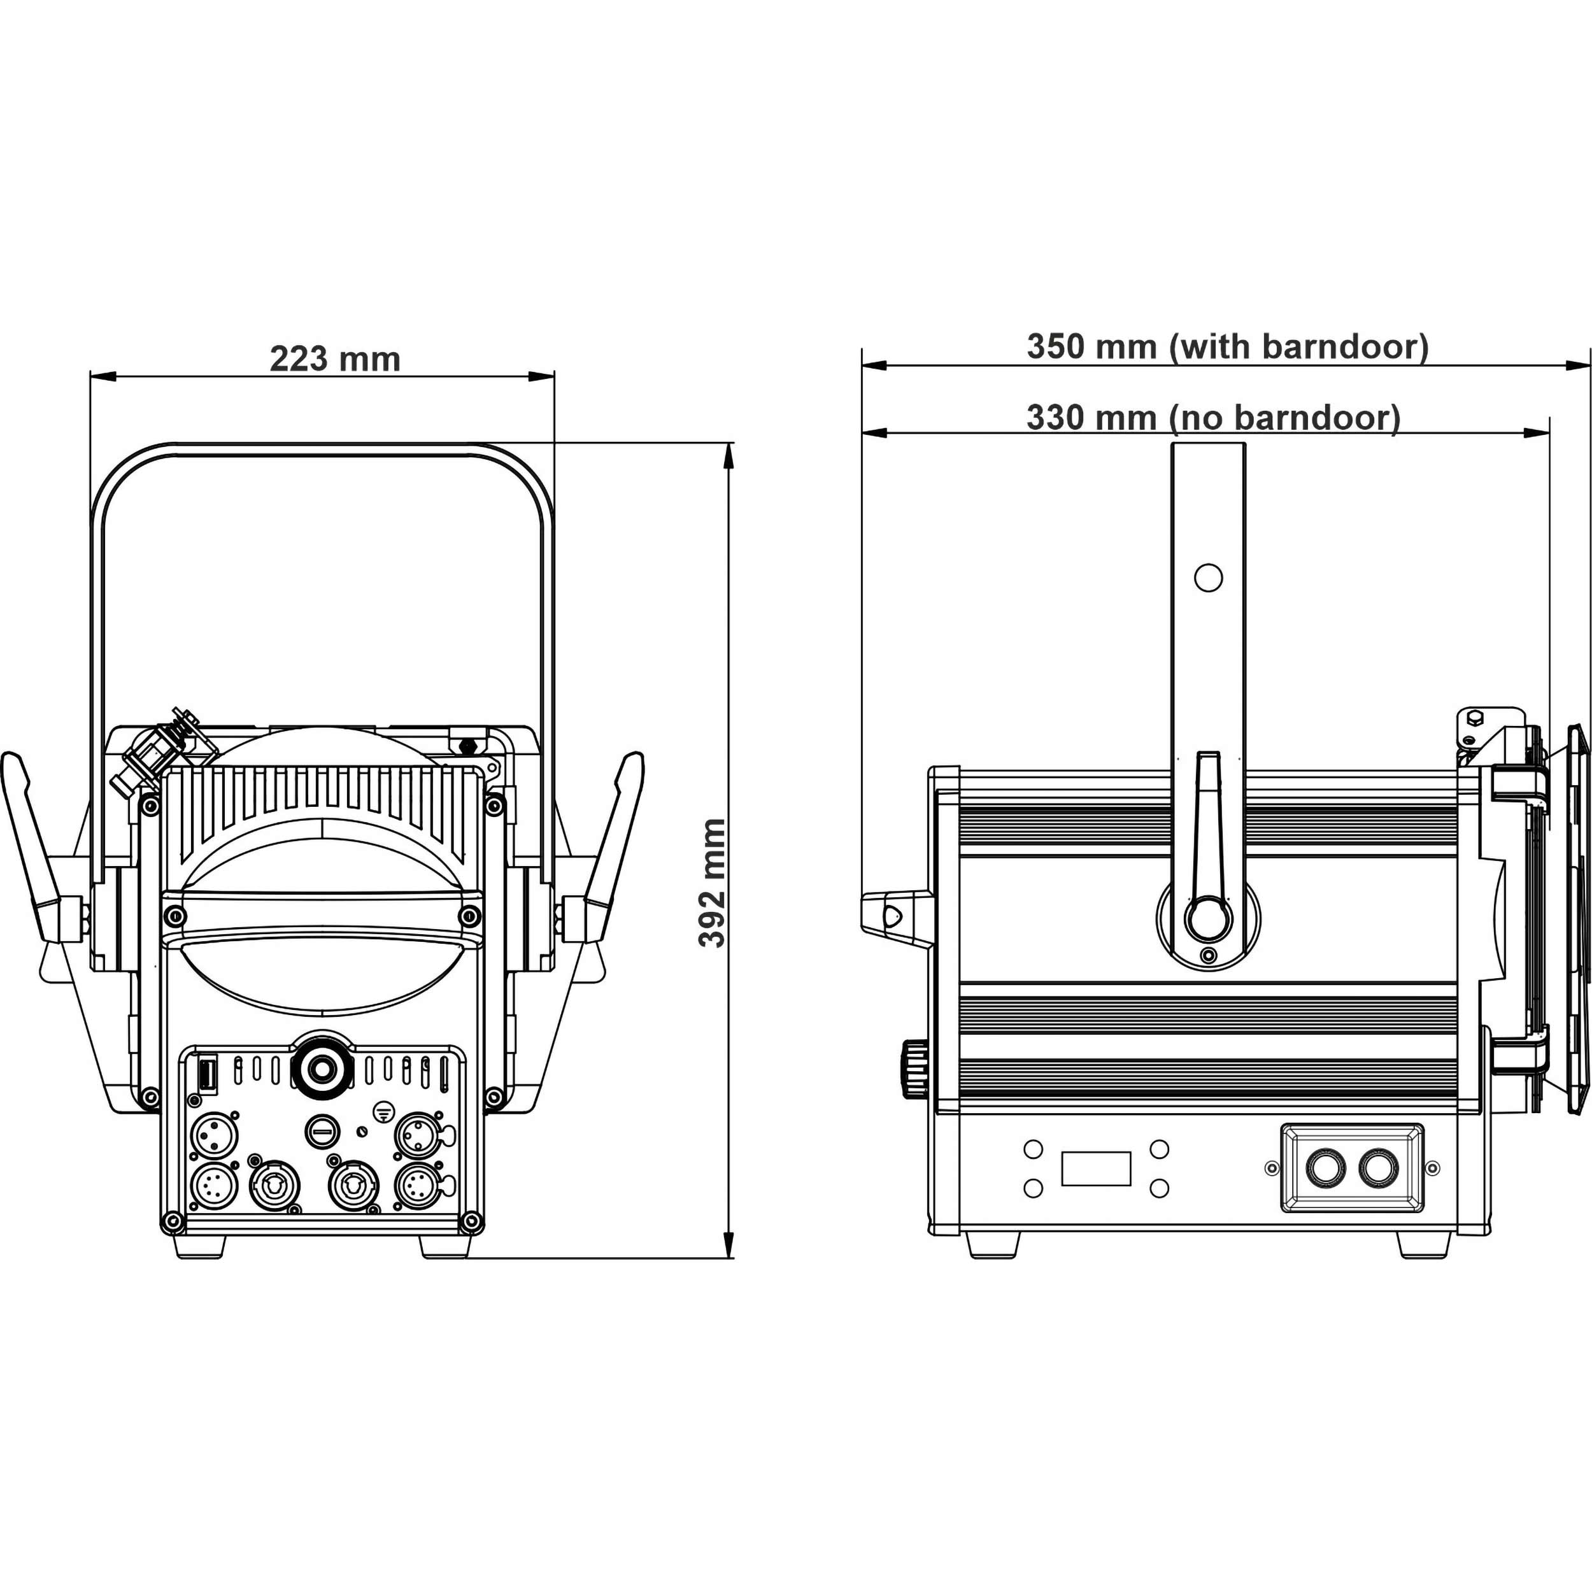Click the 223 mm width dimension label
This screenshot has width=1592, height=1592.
(336, 359)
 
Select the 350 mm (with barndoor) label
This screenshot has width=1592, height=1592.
(1227, 347)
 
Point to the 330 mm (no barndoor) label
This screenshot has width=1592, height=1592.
(1213, 418)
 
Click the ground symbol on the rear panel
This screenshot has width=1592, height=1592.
(382, 1111)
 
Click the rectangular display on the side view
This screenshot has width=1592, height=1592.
(1096, 1169)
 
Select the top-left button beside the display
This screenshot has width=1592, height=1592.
(1032, 1149)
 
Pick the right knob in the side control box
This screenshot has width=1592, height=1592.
(1379, 1168)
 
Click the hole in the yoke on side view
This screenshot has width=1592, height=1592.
(1208, 578)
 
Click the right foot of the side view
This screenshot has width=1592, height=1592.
(1425, 1244)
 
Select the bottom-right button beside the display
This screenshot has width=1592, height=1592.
(1160, 1188)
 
